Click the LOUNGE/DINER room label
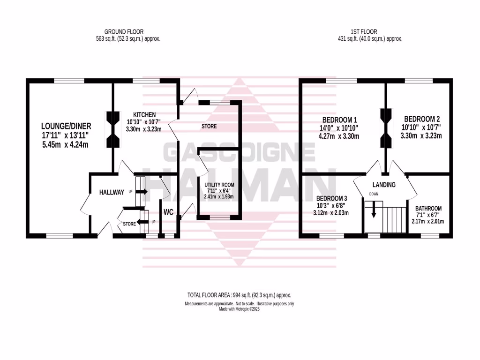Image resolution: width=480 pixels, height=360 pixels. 66,126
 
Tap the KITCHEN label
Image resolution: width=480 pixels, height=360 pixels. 144,115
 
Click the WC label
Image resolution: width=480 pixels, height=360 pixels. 169,212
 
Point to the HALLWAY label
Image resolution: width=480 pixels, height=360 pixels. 112,192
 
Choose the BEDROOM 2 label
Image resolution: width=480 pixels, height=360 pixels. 422,119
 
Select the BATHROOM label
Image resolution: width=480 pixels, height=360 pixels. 428,209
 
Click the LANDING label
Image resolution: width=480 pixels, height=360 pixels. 384,185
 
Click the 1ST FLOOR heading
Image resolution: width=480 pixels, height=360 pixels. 363,32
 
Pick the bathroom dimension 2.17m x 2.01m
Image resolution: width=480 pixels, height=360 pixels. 428,221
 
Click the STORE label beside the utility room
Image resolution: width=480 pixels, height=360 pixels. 209,127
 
